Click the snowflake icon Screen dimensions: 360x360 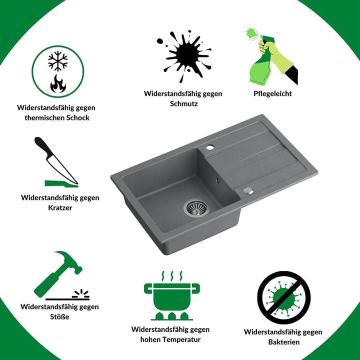(x=58, y=61)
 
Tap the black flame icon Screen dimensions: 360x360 (x=58, y=83)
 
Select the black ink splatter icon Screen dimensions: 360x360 (x=184, y=56)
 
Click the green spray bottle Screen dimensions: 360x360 (x=259, y=62)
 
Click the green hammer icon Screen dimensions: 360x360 (x=58, y=273)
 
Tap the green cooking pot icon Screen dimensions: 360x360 (x=171, y=295)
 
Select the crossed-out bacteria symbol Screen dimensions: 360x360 (x=284, y=297)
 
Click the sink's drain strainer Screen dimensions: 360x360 (x=196, y=208)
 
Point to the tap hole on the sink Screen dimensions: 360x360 (x=210, y=147)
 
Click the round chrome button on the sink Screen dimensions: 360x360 (x=248, y=190)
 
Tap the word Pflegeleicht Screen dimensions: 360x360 (x=272, y=93)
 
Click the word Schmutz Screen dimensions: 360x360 (x=184, y=103)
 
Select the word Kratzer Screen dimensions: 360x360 (x=60, y=208)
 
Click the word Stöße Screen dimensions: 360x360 (x=59, y=317)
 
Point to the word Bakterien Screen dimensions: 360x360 (x=284, y=342)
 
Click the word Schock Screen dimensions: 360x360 (x=78, y=118)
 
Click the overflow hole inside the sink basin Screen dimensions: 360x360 (x=217, y=180)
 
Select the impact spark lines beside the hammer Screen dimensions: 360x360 (x=81, y=293)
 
